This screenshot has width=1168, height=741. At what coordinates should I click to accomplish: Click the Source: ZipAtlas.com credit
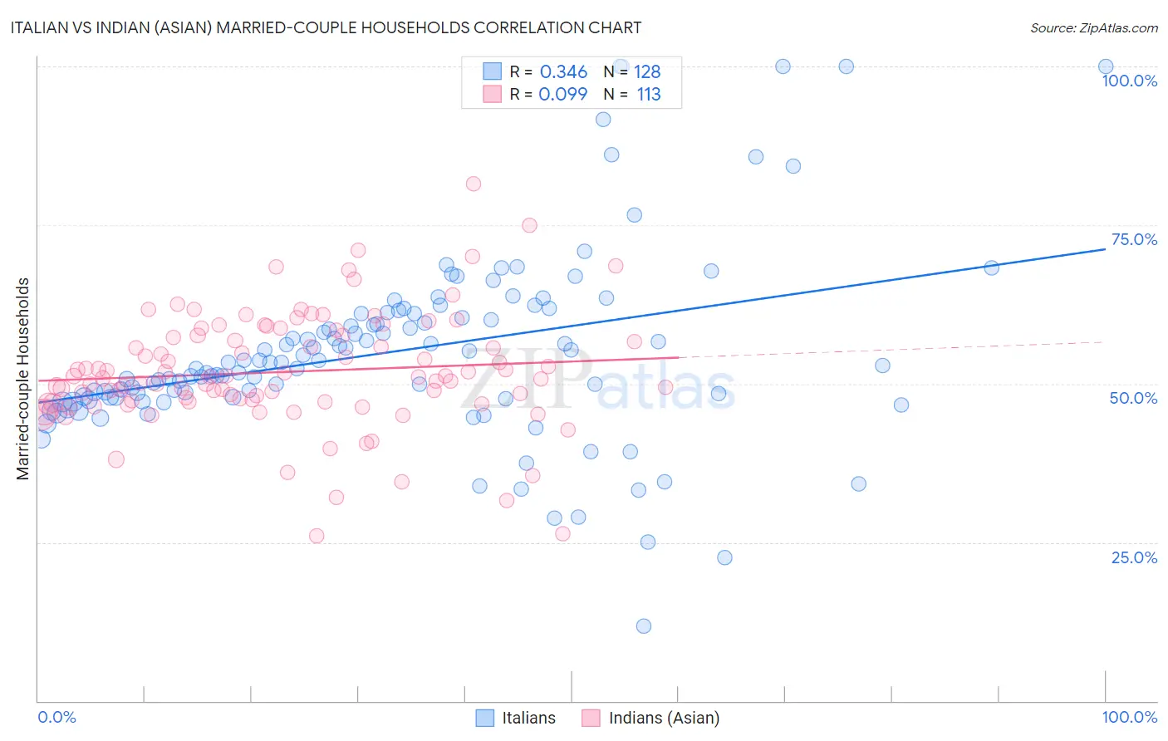coord(1093,27)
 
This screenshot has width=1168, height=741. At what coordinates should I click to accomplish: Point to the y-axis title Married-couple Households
coord(23,378)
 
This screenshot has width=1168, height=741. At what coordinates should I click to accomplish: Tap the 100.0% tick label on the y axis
coord(1129,81)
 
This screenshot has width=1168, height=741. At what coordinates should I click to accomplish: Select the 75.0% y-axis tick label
coord(1134,239)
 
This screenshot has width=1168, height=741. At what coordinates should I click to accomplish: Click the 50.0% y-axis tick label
coord(1133,398)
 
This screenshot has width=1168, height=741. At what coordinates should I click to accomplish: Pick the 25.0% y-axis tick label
coord(1134,557)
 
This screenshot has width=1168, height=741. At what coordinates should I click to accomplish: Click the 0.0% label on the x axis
coord(56,717)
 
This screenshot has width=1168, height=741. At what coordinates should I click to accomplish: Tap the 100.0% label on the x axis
coord(1129,717)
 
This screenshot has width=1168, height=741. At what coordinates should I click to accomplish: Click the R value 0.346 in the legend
coord(563,72)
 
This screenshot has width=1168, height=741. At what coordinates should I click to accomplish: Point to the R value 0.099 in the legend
coord(562,94)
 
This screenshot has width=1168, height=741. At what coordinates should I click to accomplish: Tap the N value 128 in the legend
coord(647,72)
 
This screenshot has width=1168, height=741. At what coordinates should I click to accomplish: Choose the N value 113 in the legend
coord(649,94)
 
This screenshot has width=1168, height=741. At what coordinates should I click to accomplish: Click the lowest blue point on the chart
coord(643,626)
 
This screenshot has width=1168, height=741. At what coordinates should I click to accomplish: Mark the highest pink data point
coord(474,184)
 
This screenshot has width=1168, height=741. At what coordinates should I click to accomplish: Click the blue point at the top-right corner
coord(1106,66)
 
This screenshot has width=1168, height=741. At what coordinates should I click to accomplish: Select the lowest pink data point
coord(317,536)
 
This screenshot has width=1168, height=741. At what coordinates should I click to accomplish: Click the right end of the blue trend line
coord(1106,248)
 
